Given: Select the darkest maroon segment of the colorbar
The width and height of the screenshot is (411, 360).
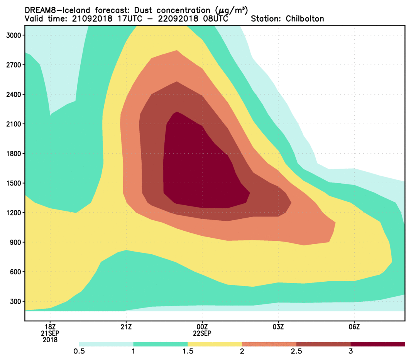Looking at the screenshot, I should pyautogui.click(x=378, y=344).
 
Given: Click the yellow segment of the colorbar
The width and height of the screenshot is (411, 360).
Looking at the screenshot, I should pyautogui.click(x=215, y=344).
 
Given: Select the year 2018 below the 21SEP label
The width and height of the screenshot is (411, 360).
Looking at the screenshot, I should pyautogui.click(x=51, y=340).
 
